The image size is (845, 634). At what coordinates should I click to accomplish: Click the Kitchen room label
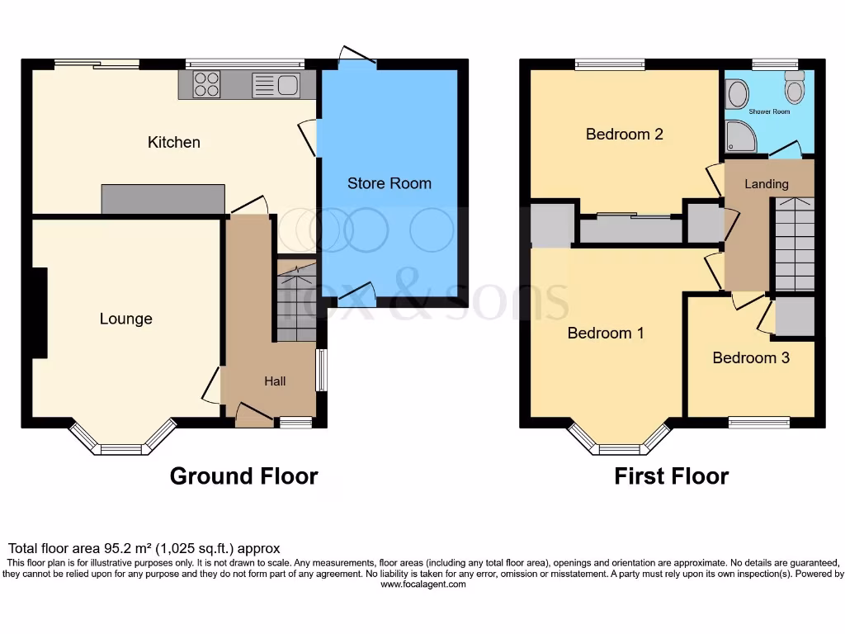tap(173, 142)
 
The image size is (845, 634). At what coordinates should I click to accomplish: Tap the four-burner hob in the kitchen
tap(206, 84)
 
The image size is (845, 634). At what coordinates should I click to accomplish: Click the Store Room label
tap(389, 183)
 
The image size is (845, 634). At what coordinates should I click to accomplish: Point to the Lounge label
tap(125, 319)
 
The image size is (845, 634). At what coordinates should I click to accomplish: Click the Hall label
tap(275, 381)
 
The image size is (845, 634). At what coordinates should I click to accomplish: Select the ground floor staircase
tap(296, 301)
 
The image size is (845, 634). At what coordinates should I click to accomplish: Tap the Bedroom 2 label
tap(624, 134)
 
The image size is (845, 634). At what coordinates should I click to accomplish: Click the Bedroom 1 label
tap(606, 333)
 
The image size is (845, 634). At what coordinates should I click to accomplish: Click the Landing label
tap(767, 184)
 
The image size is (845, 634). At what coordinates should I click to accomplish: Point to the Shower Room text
tap(769, 111)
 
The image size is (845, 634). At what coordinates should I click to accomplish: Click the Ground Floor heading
tap(243, 476)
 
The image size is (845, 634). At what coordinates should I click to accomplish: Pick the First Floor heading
tap(671, 476)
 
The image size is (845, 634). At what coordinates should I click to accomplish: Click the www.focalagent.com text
tap(422, 584)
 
